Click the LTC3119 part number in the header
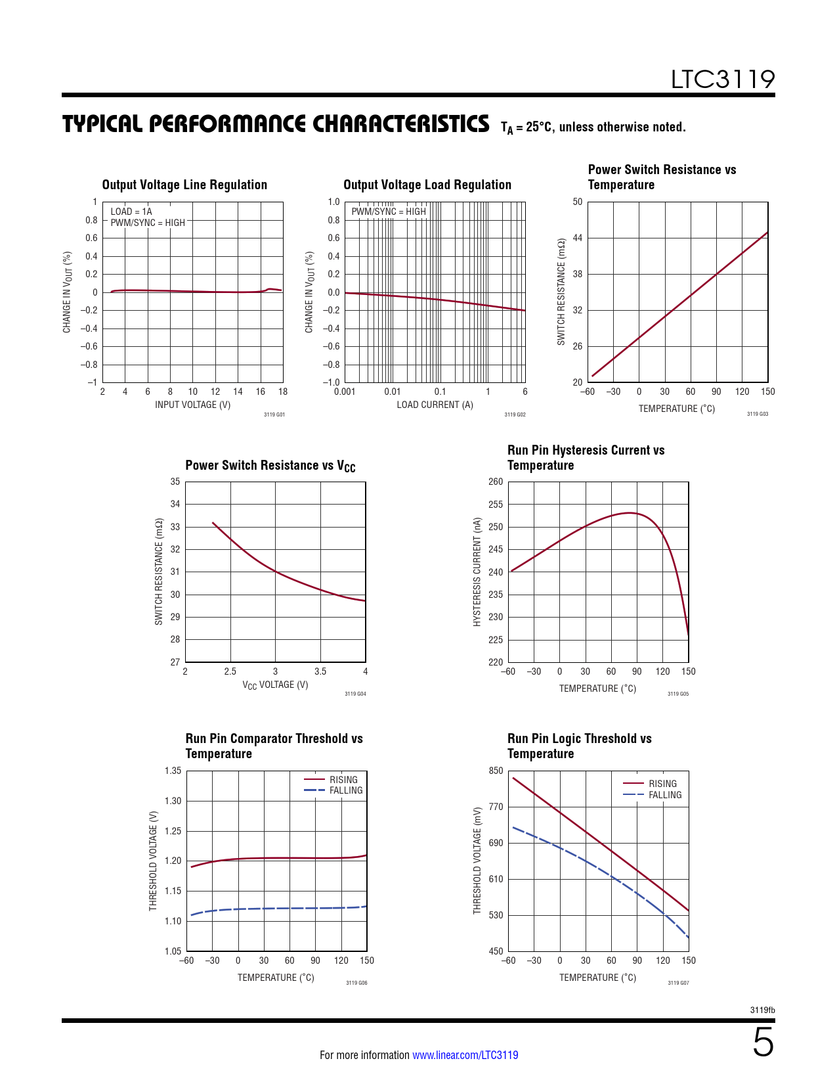point(722,79)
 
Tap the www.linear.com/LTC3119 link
point(465,1055)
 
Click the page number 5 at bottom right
point(763,1043)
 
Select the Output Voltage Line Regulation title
point(184,185)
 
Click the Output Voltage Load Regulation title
point(427,185)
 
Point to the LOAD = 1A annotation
point(131,212)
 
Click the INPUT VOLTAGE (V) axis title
point(192,405)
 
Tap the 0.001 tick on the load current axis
point(345,392)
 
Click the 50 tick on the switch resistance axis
point(578,202)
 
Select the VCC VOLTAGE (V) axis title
point(275,685)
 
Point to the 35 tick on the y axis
point(175,482)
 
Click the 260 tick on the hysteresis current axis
point(496,482)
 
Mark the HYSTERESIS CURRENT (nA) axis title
point(477,572)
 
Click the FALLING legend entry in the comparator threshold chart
point(346,790)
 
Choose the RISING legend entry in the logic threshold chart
point(662,784)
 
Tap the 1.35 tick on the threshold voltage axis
point(173,771)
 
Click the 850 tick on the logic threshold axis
point(496,771)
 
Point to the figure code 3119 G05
point(678,694)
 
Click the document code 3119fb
point(762,1010)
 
